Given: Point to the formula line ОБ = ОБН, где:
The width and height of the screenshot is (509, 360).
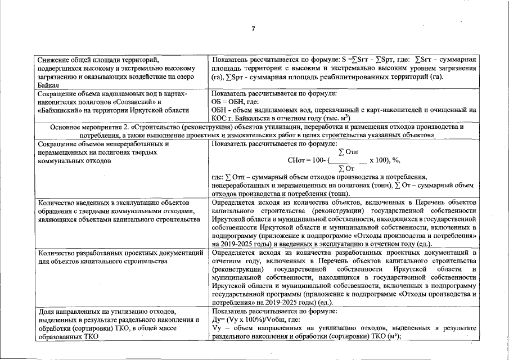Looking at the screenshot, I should [235, 102].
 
